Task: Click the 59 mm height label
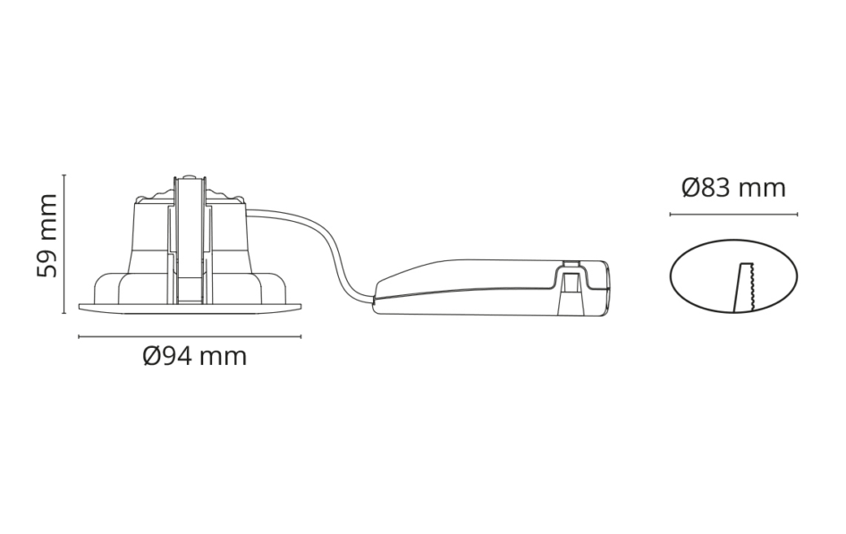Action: click(x=47, y=236)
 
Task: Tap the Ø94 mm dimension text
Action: click(x=195, y=357)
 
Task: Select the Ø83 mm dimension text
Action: click(x=733, y=188)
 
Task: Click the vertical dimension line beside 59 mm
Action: click(x=64, y=244)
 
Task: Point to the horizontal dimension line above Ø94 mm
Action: click(x=190, y=336)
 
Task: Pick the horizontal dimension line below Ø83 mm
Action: click(x=734, y=214)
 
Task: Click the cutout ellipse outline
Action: click(x=670, y=276)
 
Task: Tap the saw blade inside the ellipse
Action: click(x=745, y=288)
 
